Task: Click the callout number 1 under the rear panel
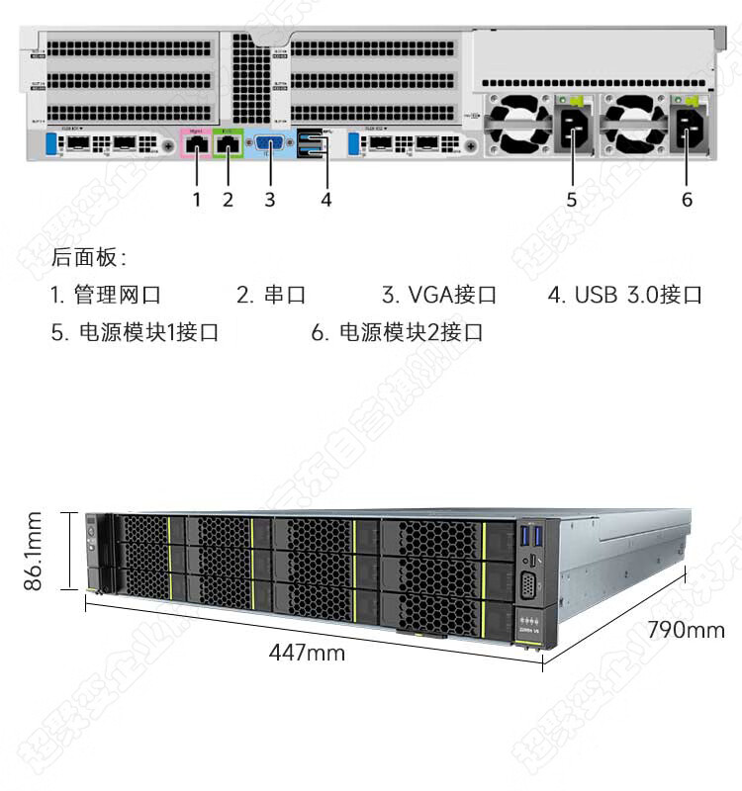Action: pos(197,200)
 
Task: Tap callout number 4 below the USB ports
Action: pos(326,200)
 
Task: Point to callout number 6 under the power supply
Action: pos(688,200)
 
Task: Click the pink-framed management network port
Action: pos(197,144)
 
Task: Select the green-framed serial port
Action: pos(229,144)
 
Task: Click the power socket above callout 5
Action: pos(574,127)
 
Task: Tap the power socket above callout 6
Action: pos(690,127)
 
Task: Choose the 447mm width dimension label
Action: pos(307,653)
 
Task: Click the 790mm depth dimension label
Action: pos(686,630)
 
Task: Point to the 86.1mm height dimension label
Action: pos(36,551)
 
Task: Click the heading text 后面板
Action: pos(87,258)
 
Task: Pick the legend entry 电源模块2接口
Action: pos(410,332)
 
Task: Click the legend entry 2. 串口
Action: pos(271,295)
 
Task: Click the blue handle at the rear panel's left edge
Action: pos(52,144)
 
